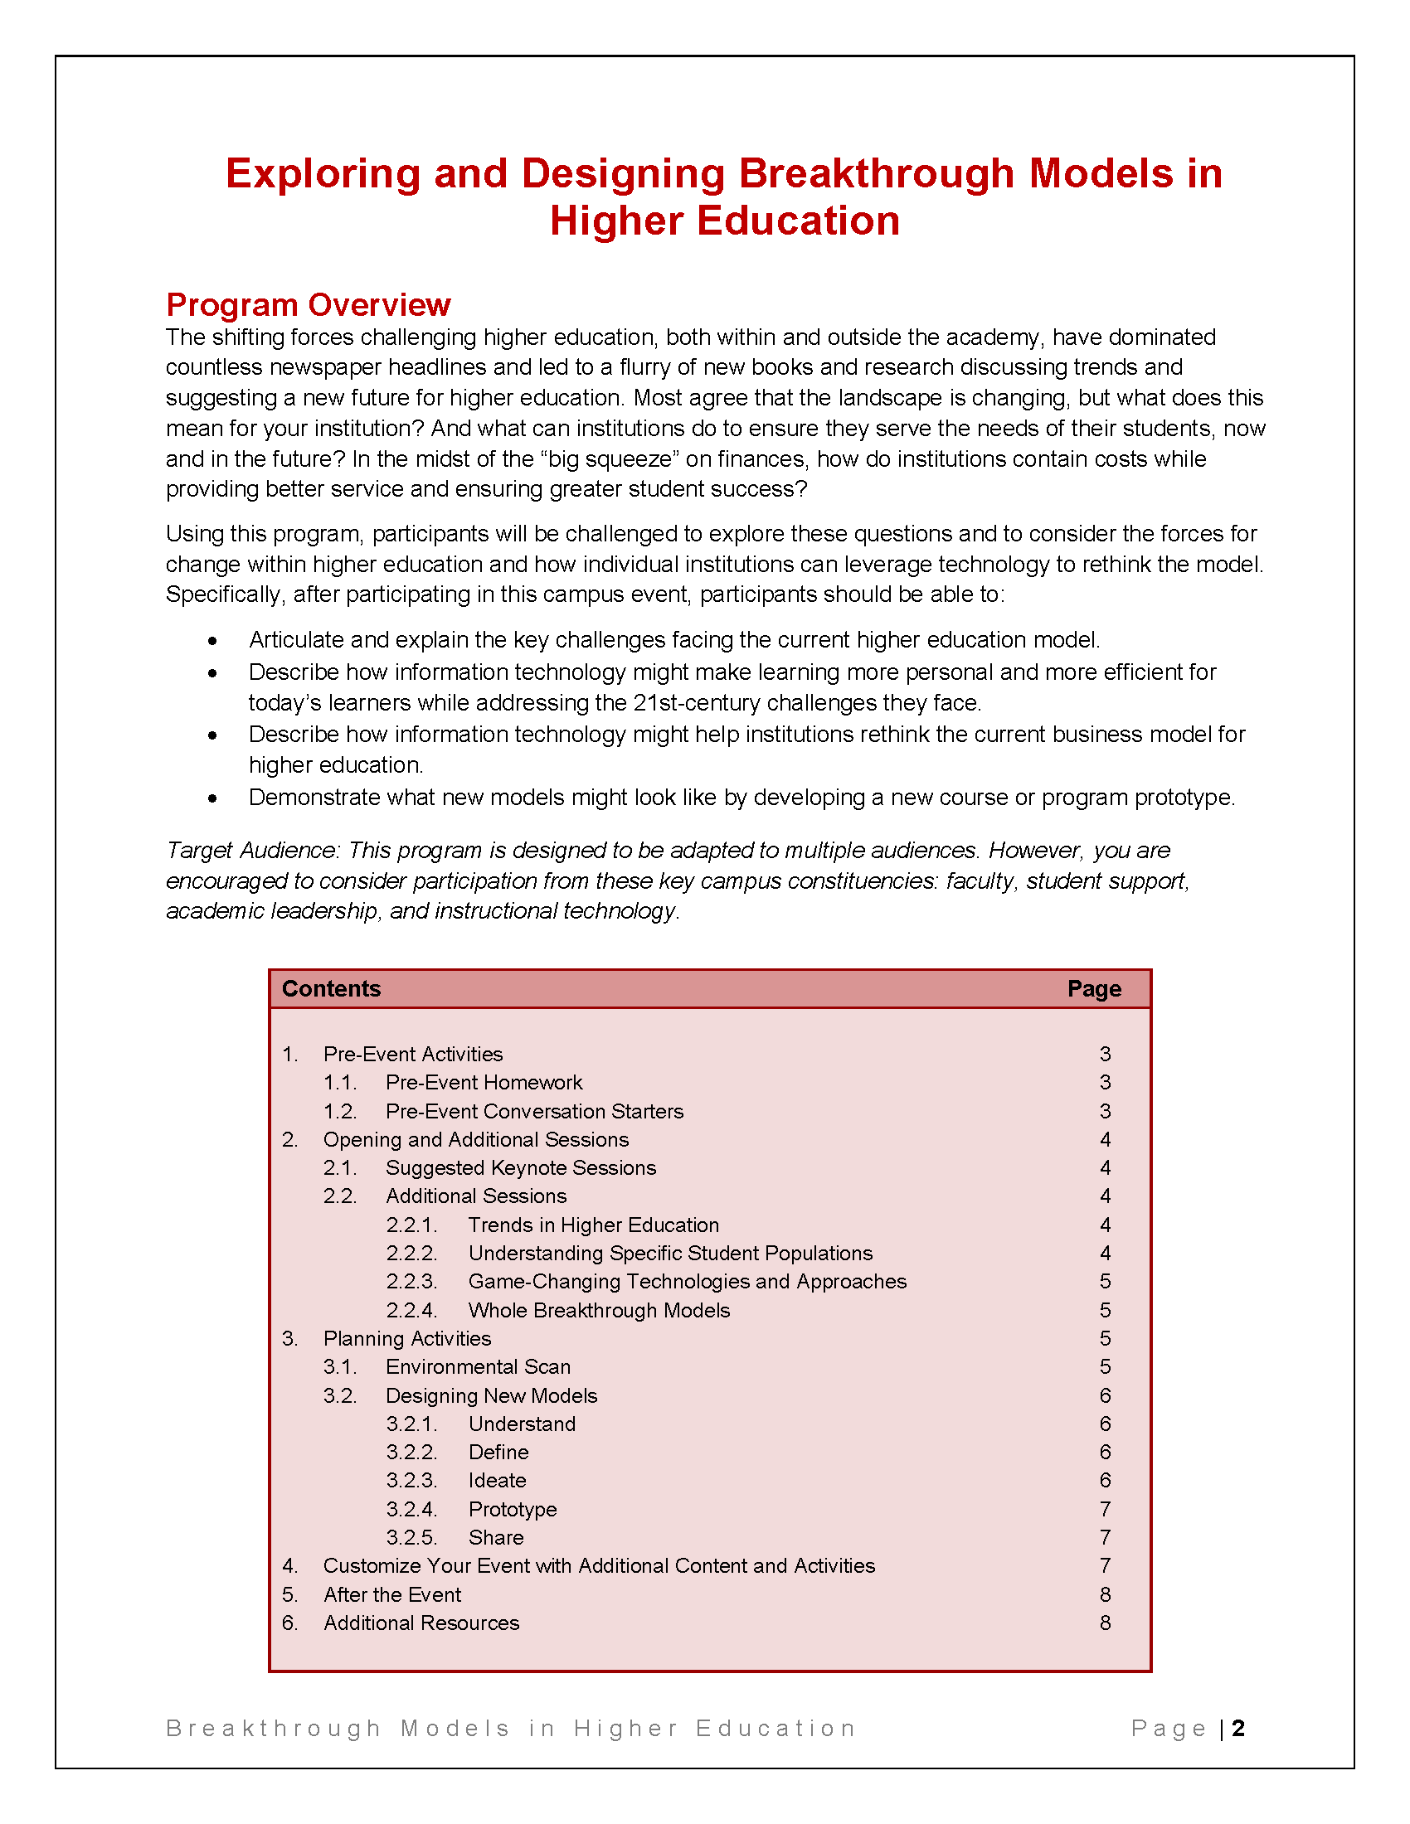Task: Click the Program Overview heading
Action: (x=309, y=305)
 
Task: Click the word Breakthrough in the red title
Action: (x=876, y=174)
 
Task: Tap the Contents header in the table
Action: (x=331, y=989)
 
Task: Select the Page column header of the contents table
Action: (x=1093, y=989)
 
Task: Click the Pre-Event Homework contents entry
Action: (x=484, y=1082)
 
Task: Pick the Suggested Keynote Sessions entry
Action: (x=520, y=1167)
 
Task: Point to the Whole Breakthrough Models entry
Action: (x=599, y=1310)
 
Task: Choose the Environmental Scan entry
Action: (x=478, y=1367)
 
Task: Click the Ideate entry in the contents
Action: (x=497, y=1481)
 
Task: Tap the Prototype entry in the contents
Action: (x=512, y=1509)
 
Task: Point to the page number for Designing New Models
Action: (x=1105, y=1395)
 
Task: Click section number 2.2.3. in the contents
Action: (x=411, y=1282)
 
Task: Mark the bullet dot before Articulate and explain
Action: (x=213, y=641)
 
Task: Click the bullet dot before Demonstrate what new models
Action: (x=213, y=798)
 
